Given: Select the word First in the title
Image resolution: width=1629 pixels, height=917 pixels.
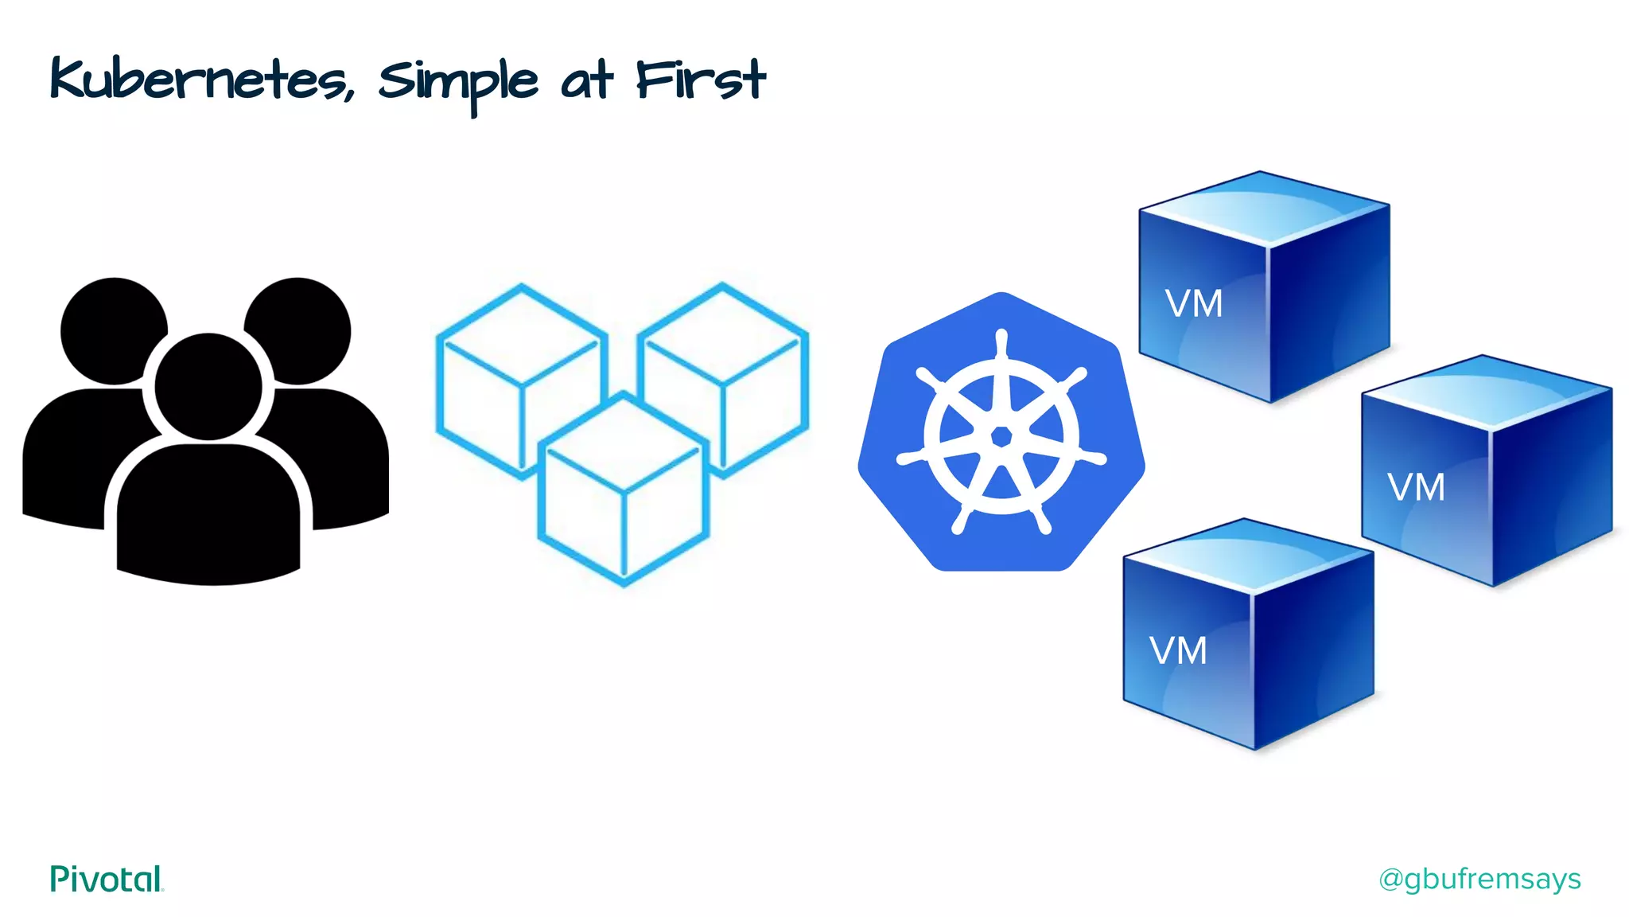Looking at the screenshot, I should point(700,80).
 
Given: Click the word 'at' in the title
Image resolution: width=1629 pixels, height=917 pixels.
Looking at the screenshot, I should point(587,81).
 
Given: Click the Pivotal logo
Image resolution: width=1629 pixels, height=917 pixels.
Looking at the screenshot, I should point(107,879).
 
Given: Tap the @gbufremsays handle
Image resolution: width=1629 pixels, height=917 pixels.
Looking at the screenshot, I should point(1479,879).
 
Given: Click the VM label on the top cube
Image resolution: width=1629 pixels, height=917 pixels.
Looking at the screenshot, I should point(1193,304).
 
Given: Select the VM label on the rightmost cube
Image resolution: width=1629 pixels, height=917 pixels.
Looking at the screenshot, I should point(1416,487).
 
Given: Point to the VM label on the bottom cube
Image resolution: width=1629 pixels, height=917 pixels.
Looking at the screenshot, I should point(1178,651).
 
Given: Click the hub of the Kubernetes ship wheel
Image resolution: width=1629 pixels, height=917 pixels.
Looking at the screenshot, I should point(1001,436).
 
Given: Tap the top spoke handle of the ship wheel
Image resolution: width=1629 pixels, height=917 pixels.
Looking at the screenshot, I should point(1001,342).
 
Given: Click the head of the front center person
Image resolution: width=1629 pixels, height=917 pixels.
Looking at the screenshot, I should point(208,387).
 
